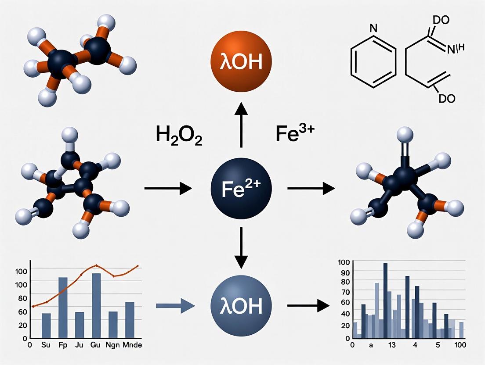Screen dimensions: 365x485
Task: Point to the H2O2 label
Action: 179,135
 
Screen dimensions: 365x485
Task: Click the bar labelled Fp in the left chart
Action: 63,308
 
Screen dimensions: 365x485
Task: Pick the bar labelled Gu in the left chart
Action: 96,305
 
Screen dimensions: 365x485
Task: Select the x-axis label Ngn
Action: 113,345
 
